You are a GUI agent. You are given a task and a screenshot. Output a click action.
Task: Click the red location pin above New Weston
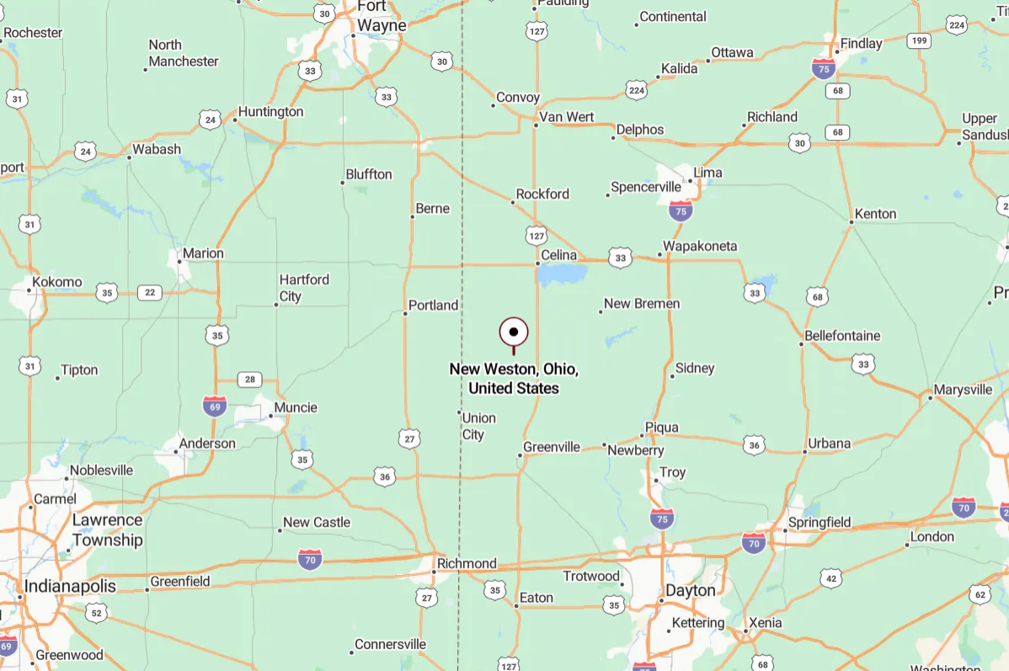(514, 333)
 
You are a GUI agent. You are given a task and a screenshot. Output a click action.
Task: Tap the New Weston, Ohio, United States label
(514, 379)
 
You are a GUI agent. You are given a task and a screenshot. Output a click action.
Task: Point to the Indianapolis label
(70, 585)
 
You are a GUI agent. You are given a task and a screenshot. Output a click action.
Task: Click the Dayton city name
(691, 590)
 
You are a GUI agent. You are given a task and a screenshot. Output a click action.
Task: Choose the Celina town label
(559, 255)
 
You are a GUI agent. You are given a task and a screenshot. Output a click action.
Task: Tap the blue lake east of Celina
(561, 274)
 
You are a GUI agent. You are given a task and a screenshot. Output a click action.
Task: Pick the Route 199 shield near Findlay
(919, 40)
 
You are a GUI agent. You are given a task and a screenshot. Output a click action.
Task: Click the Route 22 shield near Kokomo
(150, 292)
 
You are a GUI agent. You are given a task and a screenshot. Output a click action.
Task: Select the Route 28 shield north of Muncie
(249, 380)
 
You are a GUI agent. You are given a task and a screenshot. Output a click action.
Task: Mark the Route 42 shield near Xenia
(831, 578)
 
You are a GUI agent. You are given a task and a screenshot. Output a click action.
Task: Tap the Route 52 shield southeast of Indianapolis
(97, 613)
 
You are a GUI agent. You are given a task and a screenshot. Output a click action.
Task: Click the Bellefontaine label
(842, 336)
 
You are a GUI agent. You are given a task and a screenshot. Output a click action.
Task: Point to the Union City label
(478, 426)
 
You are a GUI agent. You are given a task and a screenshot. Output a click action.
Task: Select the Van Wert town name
(567, 117)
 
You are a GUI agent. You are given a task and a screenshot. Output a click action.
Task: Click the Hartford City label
(304, 287)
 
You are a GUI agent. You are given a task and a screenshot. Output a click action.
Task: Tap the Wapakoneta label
(700, 246)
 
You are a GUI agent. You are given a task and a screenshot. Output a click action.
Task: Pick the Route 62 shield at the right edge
(979, 595)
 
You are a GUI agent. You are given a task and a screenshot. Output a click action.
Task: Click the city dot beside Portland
(405, 313)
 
